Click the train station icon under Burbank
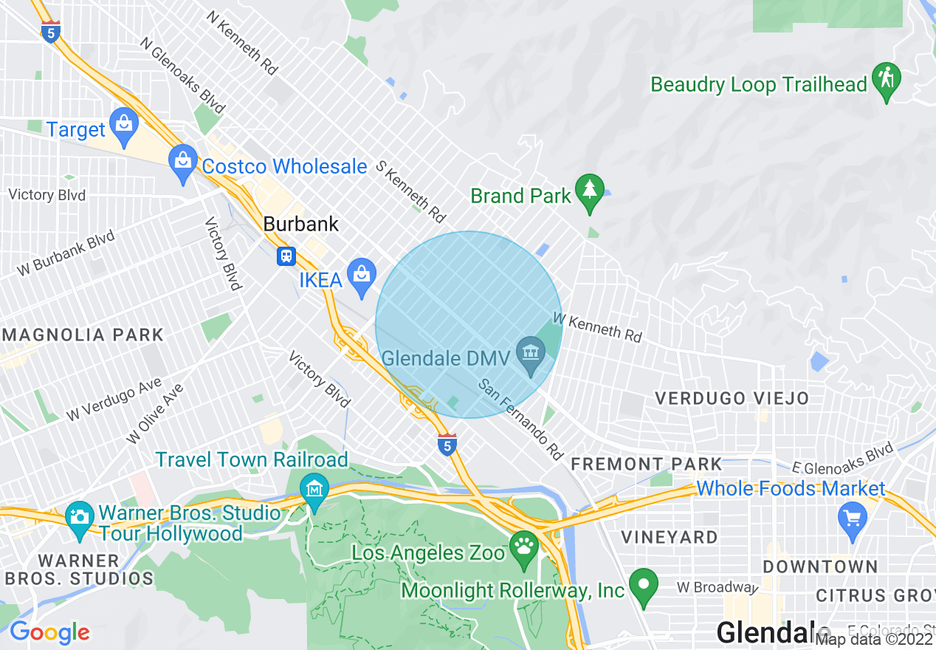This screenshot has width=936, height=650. coord(286,256)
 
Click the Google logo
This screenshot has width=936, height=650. coord(49,632)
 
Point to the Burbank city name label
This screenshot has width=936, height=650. coord(301,224)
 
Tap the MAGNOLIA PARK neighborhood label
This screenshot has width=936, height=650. coord(83,335)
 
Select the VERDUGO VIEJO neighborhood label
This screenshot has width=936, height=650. coord(732,398)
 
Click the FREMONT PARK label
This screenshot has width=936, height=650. coord(647,464)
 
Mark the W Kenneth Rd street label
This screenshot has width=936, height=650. coord(597,327)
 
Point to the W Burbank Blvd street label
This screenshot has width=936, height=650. coord(66,253)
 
